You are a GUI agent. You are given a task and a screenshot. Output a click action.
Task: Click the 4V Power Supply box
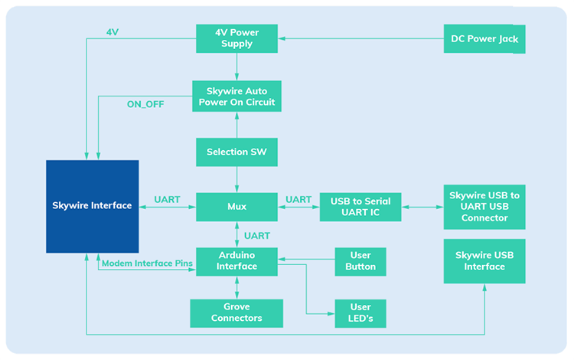tap(236, 38)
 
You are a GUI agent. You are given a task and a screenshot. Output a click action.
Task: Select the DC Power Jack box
tap(484, 39)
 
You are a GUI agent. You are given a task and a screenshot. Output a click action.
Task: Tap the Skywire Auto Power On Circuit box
tap(236, 96)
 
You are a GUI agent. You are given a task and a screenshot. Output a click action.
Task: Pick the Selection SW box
tap(236, 152)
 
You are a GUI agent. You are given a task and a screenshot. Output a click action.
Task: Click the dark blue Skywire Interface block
tap(92, 206)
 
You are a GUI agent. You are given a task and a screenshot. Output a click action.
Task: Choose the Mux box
tap(236, 207)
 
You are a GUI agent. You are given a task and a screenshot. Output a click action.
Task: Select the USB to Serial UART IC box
tap(360, 207)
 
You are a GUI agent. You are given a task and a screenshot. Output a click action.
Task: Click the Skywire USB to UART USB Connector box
tap(484, 207)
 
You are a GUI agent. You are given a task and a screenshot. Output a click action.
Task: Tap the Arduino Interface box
tap(236, 261)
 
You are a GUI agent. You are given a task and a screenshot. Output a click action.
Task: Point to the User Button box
tap(360, 261)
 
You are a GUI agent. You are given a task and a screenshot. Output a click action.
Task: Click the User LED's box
tap(360, 313)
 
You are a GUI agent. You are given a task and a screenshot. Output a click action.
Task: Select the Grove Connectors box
tap(236, 313)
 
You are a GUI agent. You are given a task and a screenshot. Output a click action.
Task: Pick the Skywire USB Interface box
tap(484, 261)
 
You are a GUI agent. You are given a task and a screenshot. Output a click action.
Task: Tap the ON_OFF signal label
tap(145, 103)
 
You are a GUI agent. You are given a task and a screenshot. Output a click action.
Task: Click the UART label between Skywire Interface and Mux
tap(167, 200)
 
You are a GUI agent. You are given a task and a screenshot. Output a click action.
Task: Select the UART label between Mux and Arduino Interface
tap(257, 235)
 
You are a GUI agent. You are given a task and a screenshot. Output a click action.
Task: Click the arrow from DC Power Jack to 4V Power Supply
tap(360, 39)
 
